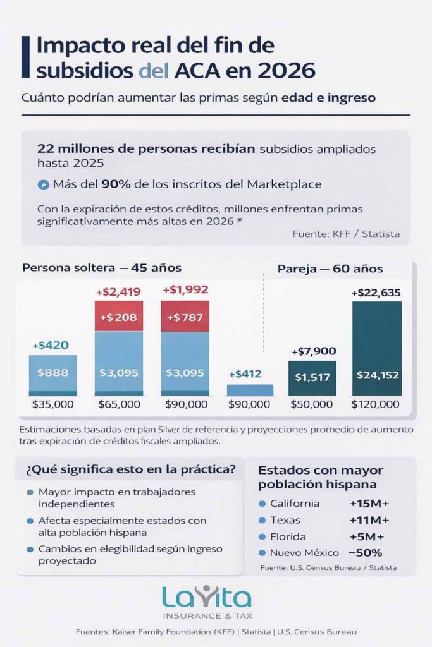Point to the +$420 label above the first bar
pyautogui.click(x=51, y=346)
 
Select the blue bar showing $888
pyautogui.click(x=52, y=373)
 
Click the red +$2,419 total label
pyautogui.click(x=118, y=292)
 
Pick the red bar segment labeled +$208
pyautogui.click(x=119, y=317)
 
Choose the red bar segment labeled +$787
pyautogui.click(x=185, y=317)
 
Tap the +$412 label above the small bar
pyautogui.click(x=250, y=374)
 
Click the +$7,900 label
pyautogui.click(x=313, y=351)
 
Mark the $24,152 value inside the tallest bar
pyautogui.click(x=377, y=375)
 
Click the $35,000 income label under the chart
pyautogui.click(x=52, y=404)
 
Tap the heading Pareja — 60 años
pyautogui.click(x=330, y=269)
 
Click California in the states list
pyautogui.click(x=294, y=504)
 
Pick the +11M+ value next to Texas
pyautogui.click(x=369, y=520)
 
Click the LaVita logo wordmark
pyautogui.click(x=206, y=597)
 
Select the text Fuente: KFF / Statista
pyautogui.click(x=346, y=234)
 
